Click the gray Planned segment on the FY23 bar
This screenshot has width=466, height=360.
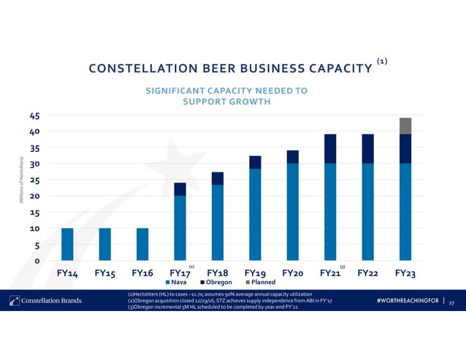click(405, 126)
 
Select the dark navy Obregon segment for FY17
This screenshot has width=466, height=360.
click(180, 189)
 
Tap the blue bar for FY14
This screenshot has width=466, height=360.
click(67, 244)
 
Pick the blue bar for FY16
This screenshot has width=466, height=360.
click(142, 244)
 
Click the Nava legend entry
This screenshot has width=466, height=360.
click(180, 283)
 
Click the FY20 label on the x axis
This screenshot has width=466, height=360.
click(292, 273)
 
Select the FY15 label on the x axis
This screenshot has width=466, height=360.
click(104, 273)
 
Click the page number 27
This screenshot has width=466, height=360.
click(451, 302)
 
